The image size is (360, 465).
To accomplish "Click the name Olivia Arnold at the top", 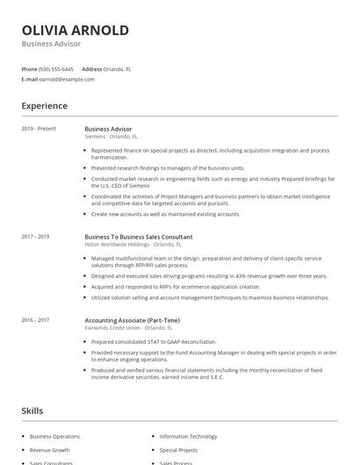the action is coord(75,30).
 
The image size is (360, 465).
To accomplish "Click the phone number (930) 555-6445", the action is coord(56,68).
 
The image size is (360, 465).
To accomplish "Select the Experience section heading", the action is coord(44,106).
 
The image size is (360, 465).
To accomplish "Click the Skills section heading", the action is coord(32,411).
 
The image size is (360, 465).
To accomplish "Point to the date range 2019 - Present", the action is coord(39,129).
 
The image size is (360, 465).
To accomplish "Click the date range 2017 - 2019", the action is coord(35,237).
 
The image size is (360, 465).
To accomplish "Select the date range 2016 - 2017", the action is coord(35,320).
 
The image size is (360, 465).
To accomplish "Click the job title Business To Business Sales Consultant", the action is coord(138,237).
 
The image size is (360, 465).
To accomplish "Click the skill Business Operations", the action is coord(54,436).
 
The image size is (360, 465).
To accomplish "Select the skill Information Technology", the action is coord(188,436).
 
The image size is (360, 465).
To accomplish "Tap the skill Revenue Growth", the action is coord(50,449).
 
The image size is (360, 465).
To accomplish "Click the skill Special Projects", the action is coord(179,449).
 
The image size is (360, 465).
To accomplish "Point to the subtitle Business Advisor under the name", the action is coord(51,43).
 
